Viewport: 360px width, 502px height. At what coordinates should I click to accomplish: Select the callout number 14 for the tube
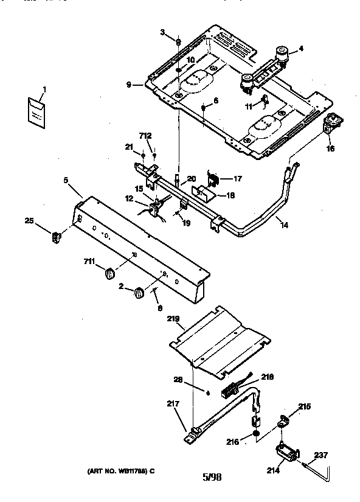pos(284,225)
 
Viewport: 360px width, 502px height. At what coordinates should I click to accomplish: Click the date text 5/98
pos(212,476)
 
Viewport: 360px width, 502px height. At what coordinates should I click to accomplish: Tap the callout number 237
pos(321,454)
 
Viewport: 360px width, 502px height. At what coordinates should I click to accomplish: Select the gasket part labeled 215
pos(285,420)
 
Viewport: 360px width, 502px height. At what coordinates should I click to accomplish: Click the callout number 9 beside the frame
pos(128,85)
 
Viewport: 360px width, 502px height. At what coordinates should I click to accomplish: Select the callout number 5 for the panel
pos(66,180)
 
